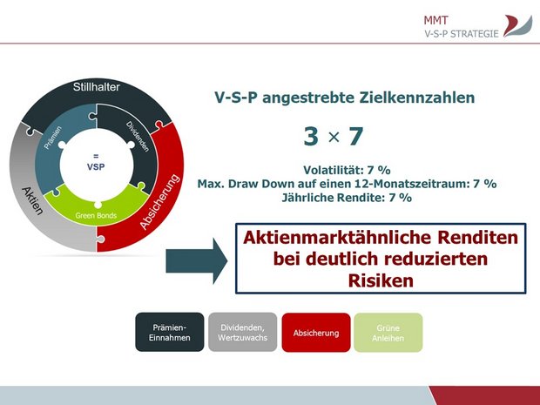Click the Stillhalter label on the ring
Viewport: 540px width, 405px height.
coord(96,87)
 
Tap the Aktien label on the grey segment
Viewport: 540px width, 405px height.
coord(33,201)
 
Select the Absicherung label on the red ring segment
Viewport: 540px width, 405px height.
coord(159,202)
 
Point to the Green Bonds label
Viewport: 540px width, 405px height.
coord(96,216)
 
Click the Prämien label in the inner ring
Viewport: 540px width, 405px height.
coord(52,138)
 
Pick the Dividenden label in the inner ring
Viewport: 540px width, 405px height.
coord(138,137)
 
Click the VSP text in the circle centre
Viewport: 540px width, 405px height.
coord(96,166)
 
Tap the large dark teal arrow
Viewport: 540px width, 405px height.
coord(197,261)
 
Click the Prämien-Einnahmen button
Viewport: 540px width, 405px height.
coord(170,333)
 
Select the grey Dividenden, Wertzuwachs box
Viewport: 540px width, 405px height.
coord(242,333)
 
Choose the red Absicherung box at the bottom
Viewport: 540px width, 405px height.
coord(316,333)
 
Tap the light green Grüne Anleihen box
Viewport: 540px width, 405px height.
coord(388,333)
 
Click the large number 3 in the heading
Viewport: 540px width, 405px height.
coord(311,137)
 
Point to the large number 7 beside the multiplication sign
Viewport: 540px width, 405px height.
coord(356,137)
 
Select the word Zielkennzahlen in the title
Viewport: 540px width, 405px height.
coord(417,98)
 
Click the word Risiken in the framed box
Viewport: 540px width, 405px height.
coord(381,280)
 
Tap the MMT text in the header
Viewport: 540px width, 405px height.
coord(435,20)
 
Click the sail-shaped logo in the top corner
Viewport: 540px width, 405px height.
coord(517,26)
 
